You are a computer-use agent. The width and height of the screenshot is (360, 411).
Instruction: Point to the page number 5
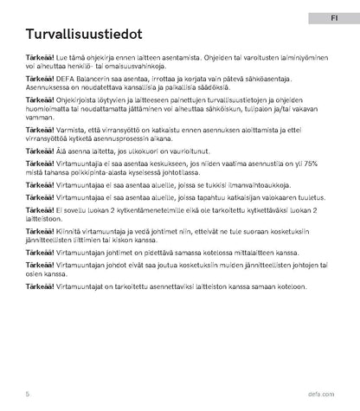28,393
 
